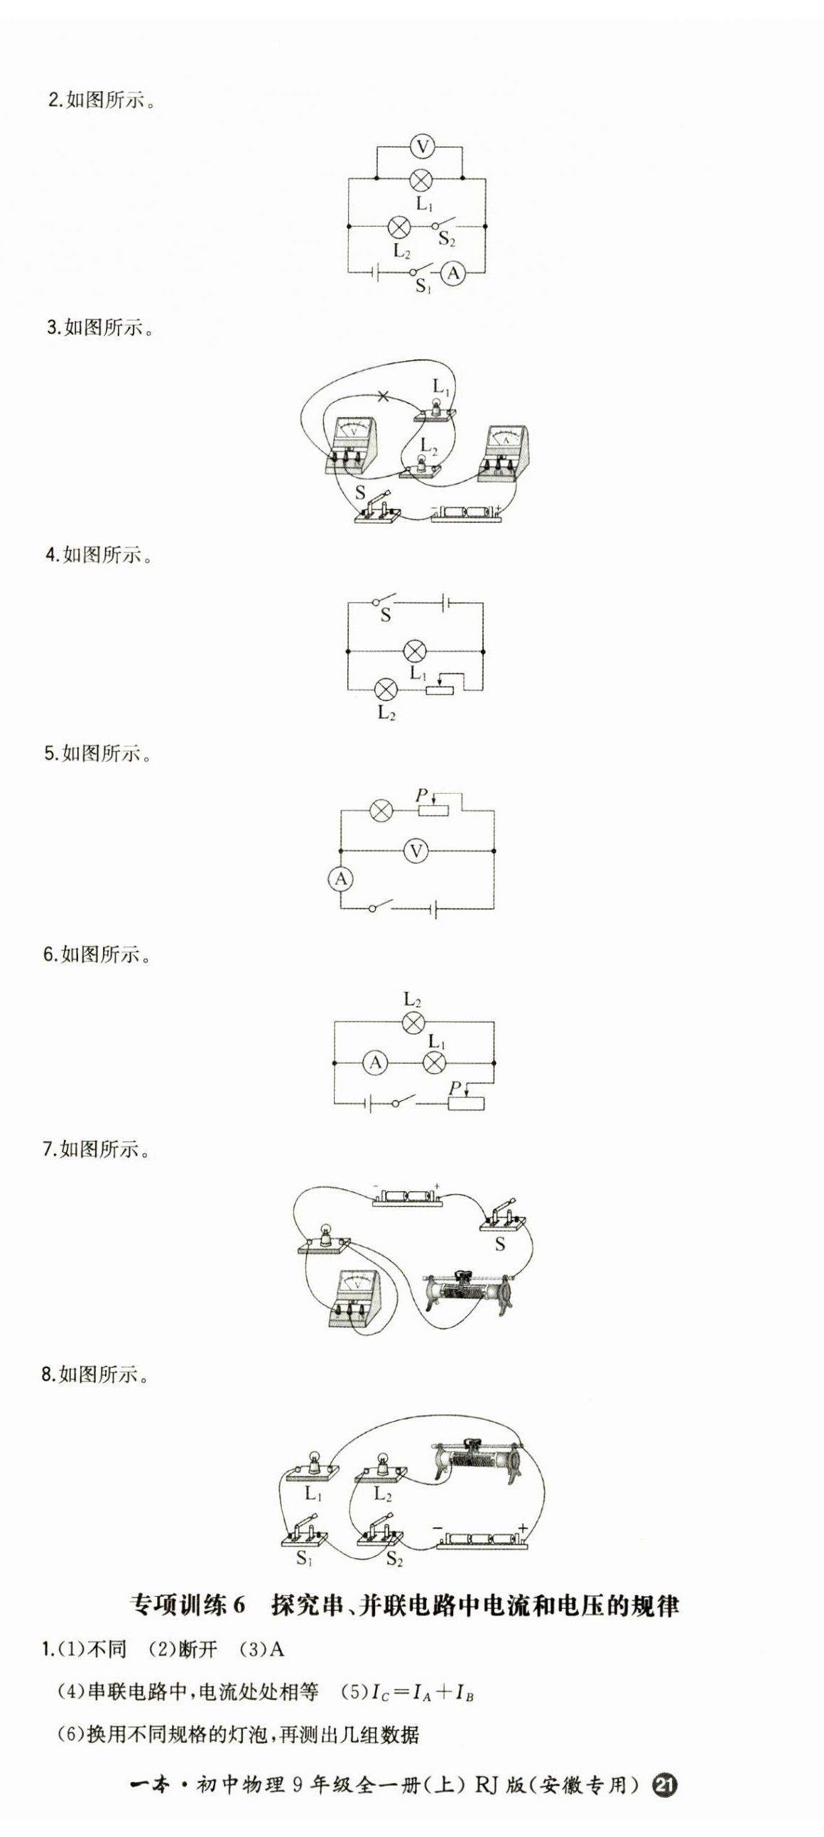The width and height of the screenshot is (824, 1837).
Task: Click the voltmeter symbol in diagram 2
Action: click(423, 148)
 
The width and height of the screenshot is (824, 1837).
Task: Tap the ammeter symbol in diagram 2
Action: click(452, 273)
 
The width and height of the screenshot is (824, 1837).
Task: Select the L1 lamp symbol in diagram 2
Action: click(423, 178)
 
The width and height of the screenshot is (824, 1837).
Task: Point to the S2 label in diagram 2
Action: click(447, 239)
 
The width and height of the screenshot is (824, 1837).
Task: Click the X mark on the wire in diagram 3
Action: click(384, 396)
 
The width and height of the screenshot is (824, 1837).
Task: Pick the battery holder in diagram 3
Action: click(467, 513)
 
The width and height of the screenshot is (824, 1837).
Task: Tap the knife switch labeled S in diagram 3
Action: click(376, 507)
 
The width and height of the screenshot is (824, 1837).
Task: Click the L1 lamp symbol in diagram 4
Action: click(415, 651)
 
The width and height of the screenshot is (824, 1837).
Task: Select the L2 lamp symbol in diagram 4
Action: click(386, 689)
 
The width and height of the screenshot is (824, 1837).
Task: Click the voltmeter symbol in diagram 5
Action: click(416, 850)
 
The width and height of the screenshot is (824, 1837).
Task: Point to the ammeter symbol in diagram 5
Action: click(341, 879)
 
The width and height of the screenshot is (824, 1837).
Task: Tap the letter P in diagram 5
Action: click(421, 794)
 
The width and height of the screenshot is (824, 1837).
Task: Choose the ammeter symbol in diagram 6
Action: click(375, 1062)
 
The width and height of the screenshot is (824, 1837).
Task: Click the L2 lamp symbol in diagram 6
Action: click(413, 1023)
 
